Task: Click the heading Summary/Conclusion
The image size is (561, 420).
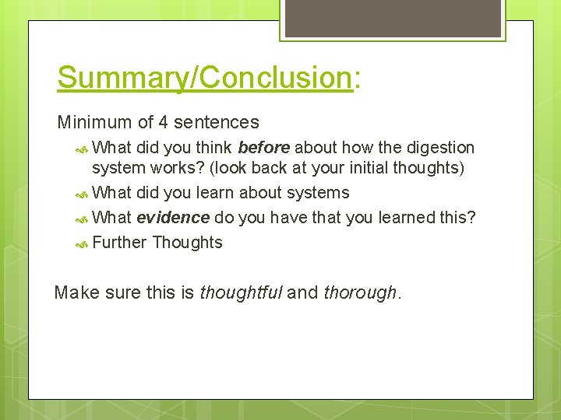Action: coord(205,78)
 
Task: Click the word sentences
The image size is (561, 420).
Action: coord(217,122)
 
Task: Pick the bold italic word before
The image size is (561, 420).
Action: coord(264,148)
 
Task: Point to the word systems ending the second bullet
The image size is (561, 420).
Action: coord(320,193)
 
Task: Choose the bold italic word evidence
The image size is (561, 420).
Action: coord(173,218)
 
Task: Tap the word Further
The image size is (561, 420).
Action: coord(119,243)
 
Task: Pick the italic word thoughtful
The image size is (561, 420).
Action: coord(241,293)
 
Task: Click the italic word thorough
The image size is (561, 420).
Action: coord(359,293)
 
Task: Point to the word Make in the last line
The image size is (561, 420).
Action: coord(74,293)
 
